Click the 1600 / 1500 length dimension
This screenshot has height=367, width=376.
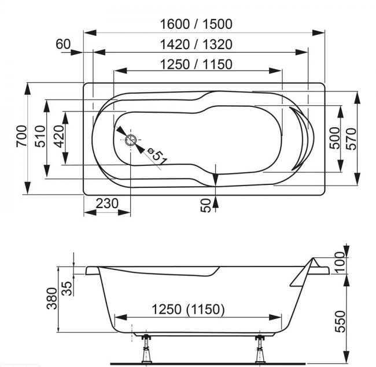point(197,24)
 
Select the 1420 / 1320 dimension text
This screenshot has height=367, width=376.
point(197,45)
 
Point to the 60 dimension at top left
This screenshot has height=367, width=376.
point(63,44)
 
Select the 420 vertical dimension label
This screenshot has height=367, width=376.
point(58,137)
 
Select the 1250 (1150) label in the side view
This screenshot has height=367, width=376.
point(188,309)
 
